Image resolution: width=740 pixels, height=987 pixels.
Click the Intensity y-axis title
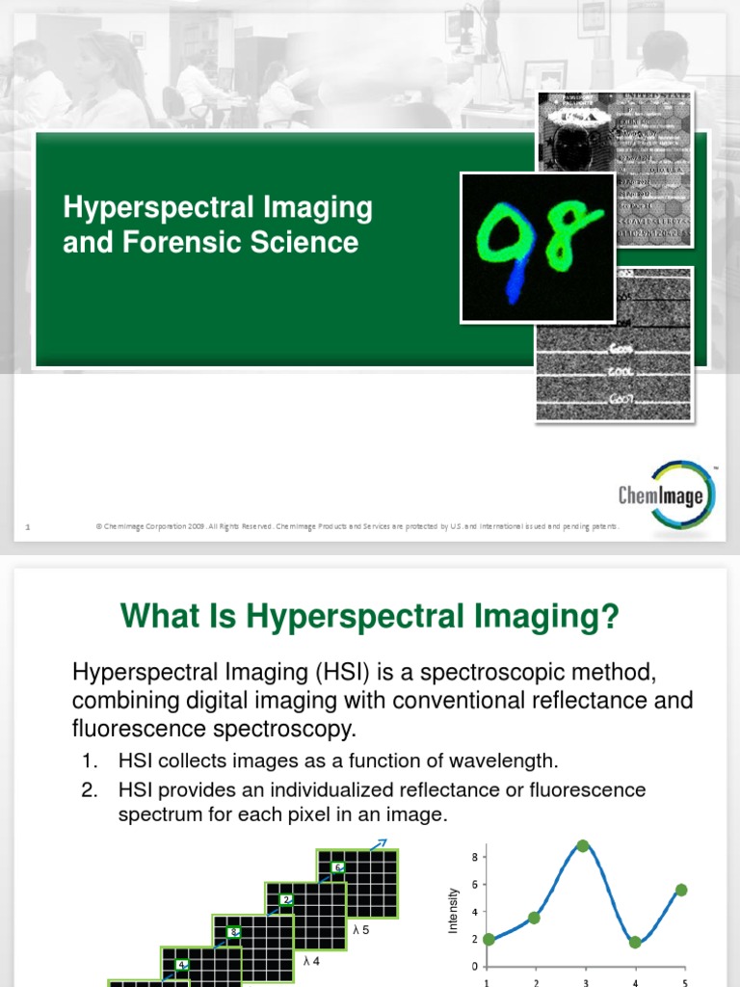pos(452,911)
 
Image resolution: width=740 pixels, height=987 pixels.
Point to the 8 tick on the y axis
pos(474,857)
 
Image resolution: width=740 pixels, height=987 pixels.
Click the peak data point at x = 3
pos(583,845)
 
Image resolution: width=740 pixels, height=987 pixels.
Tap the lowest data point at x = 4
pos(634,943)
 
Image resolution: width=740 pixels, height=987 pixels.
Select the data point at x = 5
pos(682,890)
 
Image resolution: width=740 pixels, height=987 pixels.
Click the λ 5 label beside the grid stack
pos(359,931)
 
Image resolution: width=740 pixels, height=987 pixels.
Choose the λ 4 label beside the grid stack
pos(310,961)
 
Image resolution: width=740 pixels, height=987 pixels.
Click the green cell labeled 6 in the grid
pos(338,867)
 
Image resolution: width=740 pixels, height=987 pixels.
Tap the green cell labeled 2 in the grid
pos(286,900)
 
